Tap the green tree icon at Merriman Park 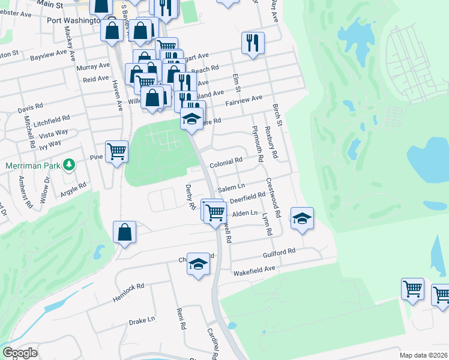[x=70, y=164]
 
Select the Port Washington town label [x=73, y=20]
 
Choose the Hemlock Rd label [x=128, y=292]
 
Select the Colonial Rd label [x=226, y=162]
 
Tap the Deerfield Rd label [x=247, y=197]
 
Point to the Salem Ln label [x=232, y=188]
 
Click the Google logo [x=20, y=353]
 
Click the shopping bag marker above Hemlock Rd [x=124, y=232]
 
